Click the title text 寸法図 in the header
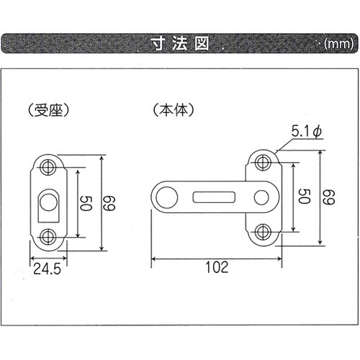coord(179,42)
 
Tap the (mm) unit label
coord(336,43)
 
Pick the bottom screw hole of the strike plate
coord(49,234)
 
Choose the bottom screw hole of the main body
coord(263,231)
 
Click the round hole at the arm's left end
coord(166,195)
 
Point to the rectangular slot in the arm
coord(214,196)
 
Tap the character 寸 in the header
coord(157,42)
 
